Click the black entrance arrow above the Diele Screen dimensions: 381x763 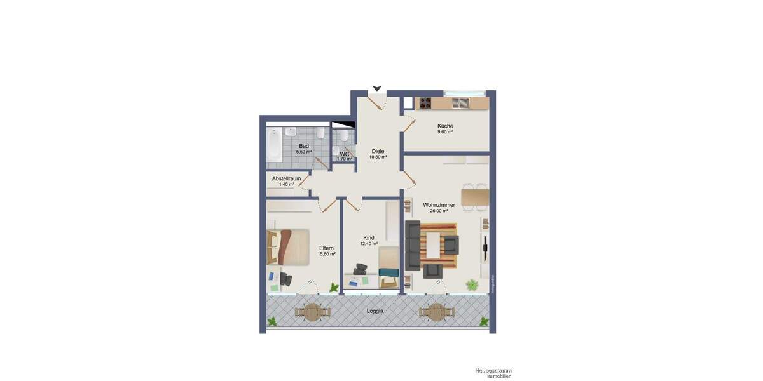click(377, 89)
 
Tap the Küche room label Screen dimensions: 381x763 click(445, 126)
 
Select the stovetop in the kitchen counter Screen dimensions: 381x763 click(424, 103)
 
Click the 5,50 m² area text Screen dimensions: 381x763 click(304, 152)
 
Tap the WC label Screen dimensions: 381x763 click(344, 154)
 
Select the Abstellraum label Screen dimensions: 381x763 click(286, 178)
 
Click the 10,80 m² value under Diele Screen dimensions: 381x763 click(378, 157)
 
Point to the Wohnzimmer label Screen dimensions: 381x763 click(439, 204)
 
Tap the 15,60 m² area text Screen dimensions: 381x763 click(327, 254)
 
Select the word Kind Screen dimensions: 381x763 click(369, 237)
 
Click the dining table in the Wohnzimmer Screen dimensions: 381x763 click(475, 197)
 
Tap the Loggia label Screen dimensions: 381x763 click(375, 311)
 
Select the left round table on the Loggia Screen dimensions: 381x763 click(313, 311)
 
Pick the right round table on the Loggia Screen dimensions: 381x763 click(437, 311)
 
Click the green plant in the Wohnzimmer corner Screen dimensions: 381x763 click(472, 285)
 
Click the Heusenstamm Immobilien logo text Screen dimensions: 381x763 click(493, 373)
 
